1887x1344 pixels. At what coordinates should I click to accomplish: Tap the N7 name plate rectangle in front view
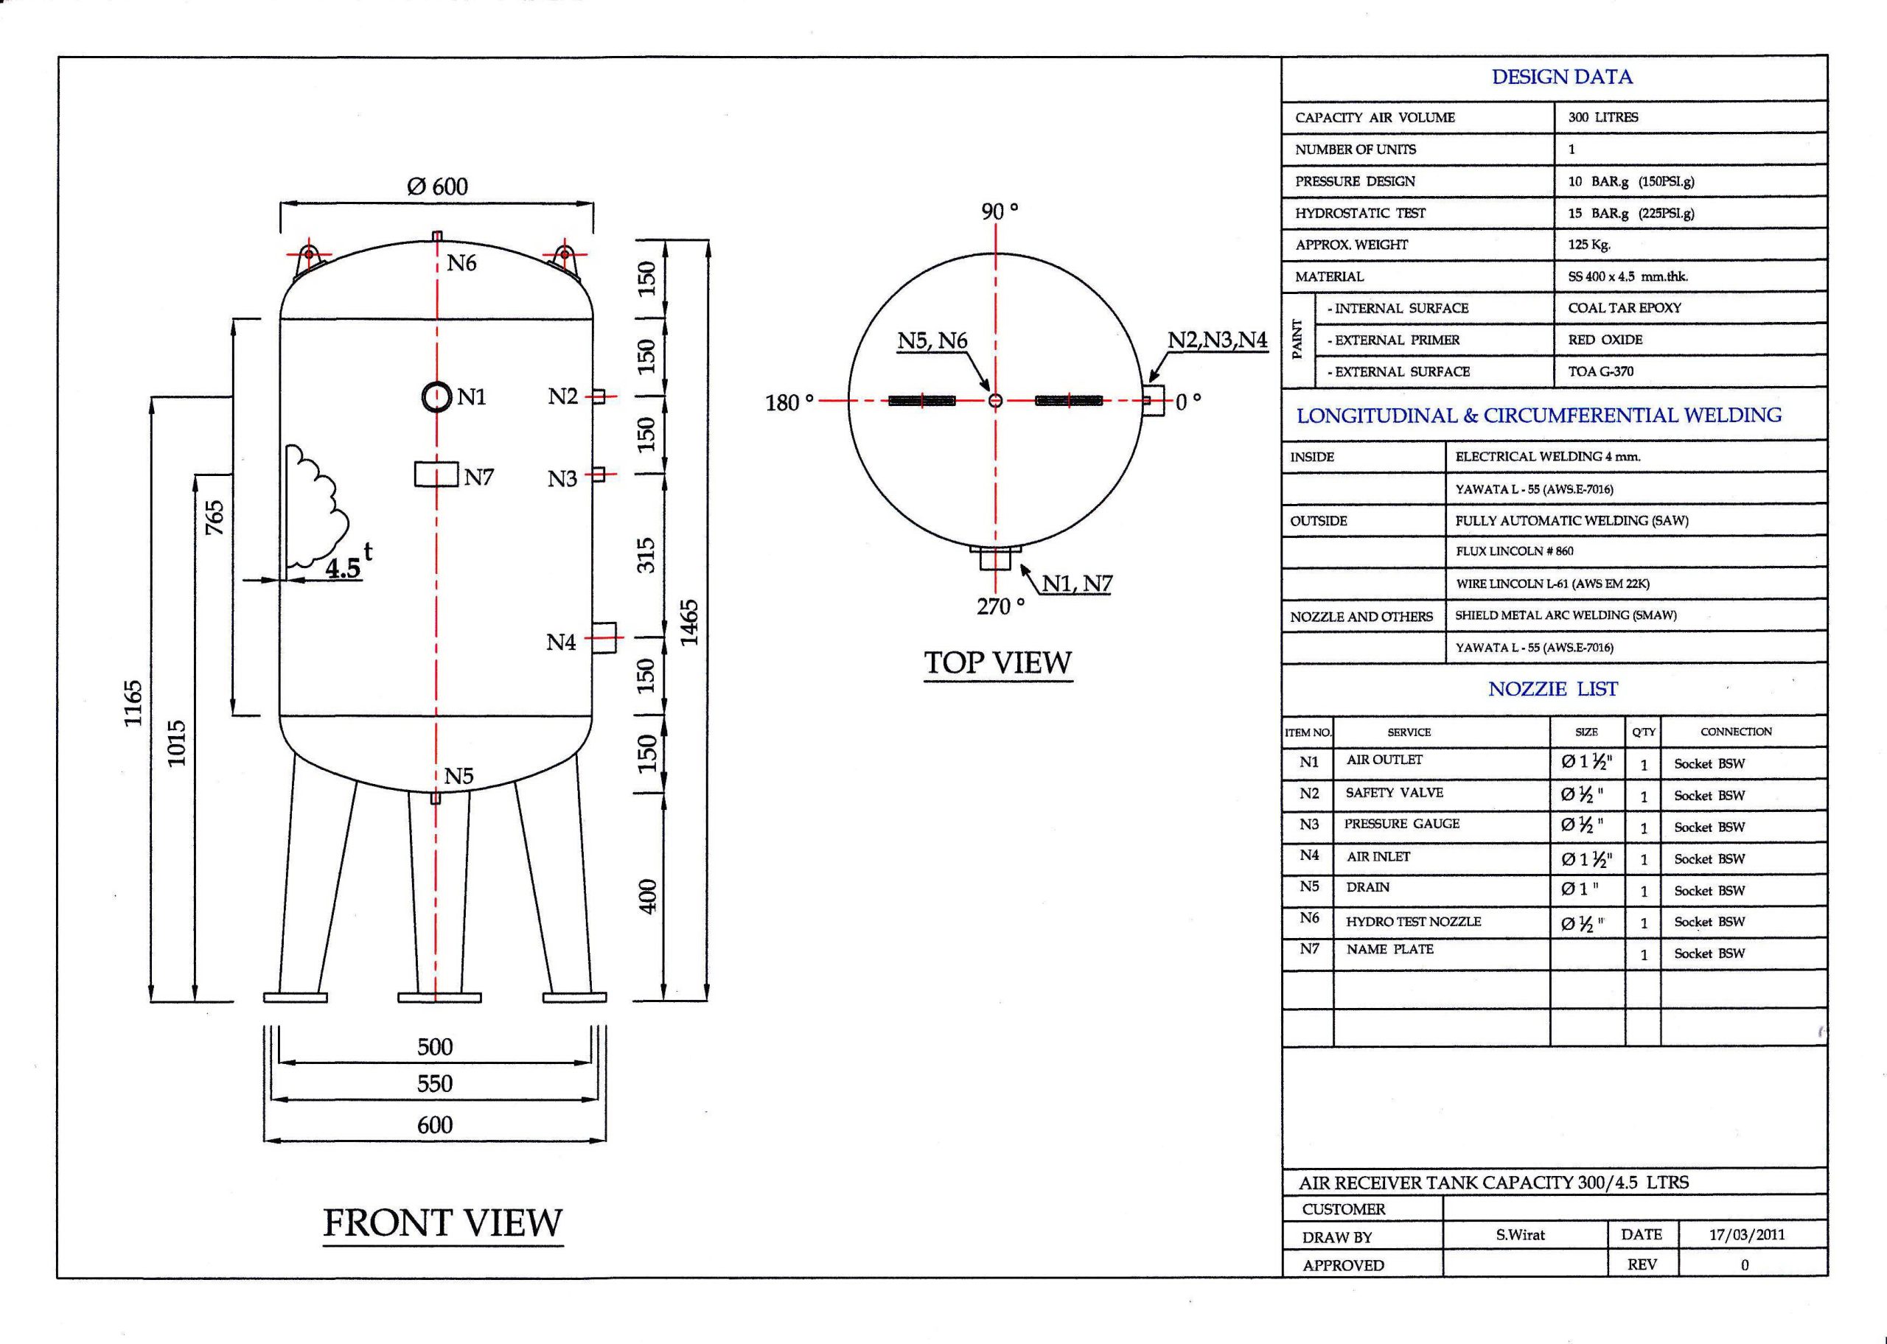point(436,475)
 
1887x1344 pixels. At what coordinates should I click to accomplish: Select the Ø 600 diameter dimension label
point(437,186)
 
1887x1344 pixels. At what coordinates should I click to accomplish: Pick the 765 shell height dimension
point(214,517)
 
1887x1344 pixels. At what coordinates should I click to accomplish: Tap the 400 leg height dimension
point(648,896)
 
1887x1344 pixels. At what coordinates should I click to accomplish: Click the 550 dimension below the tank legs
point(434,1083)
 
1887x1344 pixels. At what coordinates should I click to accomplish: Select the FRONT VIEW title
point(443,1223)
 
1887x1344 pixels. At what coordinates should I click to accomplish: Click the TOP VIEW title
point(998,663)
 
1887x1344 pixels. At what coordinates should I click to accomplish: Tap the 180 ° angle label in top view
point(789,403)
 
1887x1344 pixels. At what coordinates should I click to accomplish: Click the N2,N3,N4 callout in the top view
point(1218,340)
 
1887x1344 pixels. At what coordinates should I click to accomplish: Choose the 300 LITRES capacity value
point(1603,117)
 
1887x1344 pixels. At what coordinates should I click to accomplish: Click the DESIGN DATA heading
point(1563,77)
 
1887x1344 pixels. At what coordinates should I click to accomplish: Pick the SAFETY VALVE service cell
point(1395,793)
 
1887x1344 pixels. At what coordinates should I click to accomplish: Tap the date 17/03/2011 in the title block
point(1747,1235)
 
